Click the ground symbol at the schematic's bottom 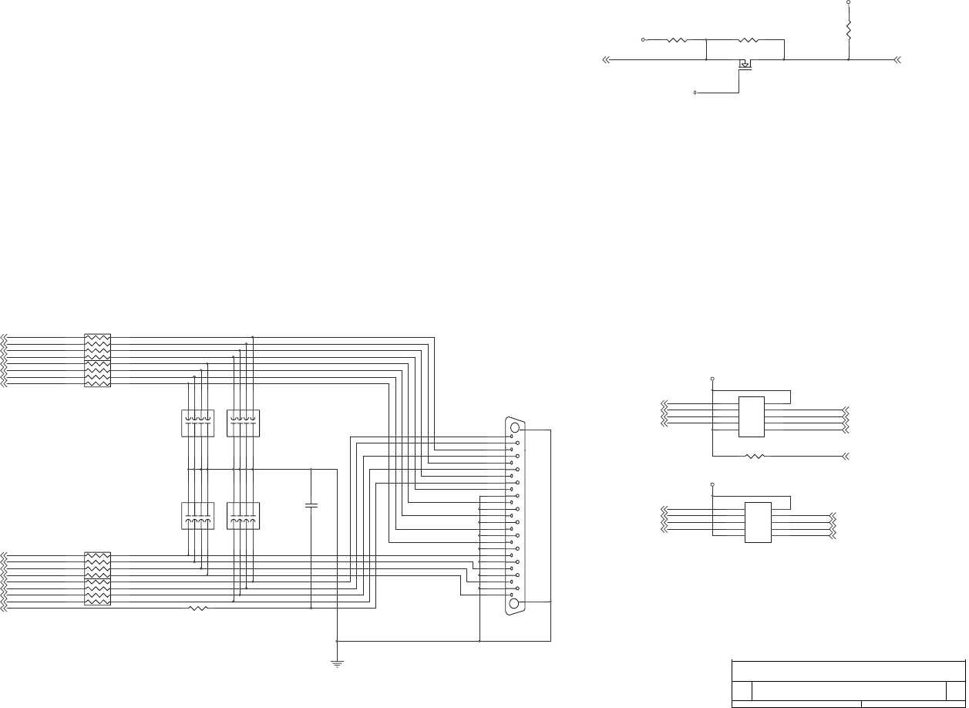(x=337, y=662)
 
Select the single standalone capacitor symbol (x=311, y=505)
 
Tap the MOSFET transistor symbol (x=745, y=66)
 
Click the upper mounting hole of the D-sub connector (x=515, y=427)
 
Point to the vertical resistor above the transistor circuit (x=849, y=31)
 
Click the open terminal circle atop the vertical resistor (x=849, y=2)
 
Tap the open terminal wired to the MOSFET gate (x=695, y=93)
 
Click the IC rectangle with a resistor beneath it (x=752, y=416)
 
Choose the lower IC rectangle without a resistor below (x=758, y=522)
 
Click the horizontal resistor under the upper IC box (x=755, y=456)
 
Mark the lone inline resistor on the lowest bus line (x=198, y=609)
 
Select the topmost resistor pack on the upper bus (x=97, y=346)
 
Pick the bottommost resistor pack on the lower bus (x=97, y=592)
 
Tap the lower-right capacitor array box (x=244, y=516)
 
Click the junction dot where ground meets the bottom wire (x=337, y=641)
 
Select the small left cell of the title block (x=741, y=691)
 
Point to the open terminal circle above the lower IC (x=712, y=485)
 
